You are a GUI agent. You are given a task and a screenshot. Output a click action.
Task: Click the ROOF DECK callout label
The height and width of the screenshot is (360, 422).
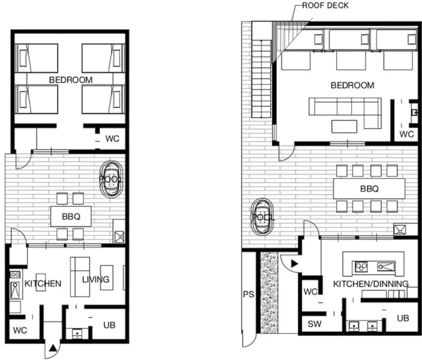pyautogui.click(x=325, y=5)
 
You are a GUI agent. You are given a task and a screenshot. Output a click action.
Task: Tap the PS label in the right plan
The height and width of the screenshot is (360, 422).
pyautogui.click(x=248, y=294)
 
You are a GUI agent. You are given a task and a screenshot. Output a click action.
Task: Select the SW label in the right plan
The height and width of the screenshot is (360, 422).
pyautogui.click(x=314, y=323)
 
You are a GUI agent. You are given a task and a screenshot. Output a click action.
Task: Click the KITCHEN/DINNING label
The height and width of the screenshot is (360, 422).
pyautogui.click(x=371, y=284)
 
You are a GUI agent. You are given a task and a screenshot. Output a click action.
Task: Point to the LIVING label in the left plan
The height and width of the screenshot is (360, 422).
pyautogui.click(x=95, y=279)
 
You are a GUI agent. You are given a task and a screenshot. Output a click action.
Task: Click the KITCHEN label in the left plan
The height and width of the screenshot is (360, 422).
pyautogui.click(x=43, y=283)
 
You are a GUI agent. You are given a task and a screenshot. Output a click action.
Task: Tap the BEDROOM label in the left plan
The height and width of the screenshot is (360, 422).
pyautogui.click(x=71, y=80)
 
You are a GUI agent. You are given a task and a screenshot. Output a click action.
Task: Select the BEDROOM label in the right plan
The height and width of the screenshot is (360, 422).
pyautogui.click(x=352, y=85)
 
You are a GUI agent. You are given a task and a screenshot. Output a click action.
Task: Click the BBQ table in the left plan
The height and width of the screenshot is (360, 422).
pyautogui.click(x=71, y=217)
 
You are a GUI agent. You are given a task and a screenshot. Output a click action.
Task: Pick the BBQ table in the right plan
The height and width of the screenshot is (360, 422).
pyautogui.click(x=369, y=188)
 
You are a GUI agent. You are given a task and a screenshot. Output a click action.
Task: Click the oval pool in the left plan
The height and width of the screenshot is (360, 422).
pyautogui.click(x=111, y=179)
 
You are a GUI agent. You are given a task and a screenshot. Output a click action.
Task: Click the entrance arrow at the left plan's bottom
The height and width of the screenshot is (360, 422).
pyautogui.click(x=53, y=348)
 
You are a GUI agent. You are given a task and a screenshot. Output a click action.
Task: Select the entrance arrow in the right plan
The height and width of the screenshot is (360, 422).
pyautogui.click(x=294, y=264)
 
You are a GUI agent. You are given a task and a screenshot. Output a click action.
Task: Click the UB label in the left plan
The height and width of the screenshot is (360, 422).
pyautogui.click(x=109, y=325)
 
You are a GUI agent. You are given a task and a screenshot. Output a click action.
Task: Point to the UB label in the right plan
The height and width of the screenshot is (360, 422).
pyautogui.click(x=403, y=318)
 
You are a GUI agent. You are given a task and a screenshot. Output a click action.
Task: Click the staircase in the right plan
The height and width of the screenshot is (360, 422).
pyautogui.click(x=261, y=79)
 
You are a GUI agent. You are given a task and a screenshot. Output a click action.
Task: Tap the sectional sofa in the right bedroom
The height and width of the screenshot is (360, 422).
pyautogui.click(x=345, y=113)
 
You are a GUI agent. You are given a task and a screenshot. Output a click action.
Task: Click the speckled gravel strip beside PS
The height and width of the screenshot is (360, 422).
pyautogui.click(x=269, y=292)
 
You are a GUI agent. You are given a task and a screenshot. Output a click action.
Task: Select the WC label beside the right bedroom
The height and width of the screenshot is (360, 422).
pyautogui.click(x=406, y=134)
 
